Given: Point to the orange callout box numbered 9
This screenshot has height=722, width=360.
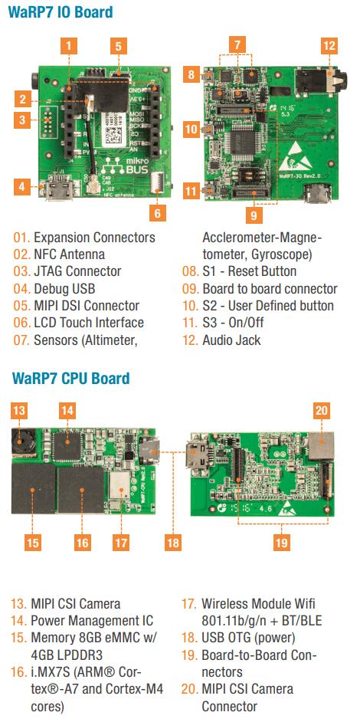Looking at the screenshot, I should click(252, 212).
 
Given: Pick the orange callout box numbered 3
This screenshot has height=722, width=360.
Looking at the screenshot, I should click(24, 120).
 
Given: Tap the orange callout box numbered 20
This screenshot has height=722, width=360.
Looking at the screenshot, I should click(321, 410).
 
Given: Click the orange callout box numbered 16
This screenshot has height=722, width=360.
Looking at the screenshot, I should click(83, 542).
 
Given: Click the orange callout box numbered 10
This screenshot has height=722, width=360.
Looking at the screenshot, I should click(191, 130).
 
